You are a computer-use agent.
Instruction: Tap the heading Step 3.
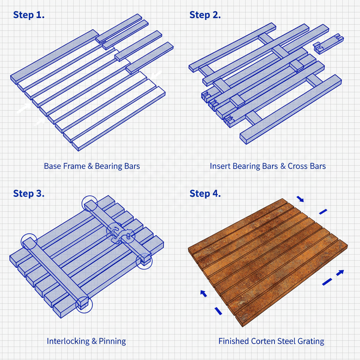tap(28, 193)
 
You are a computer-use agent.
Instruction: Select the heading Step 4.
tap(205, 193)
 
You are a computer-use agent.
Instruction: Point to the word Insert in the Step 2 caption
tap(219, 166)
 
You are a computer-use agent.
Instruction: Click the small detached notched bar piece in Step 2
tap(328, 43)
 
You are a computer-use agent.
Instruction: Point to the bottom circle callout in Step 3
tap(84, 304)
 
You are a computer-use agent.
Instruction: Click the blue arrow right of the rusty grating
tap(340, 273)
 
